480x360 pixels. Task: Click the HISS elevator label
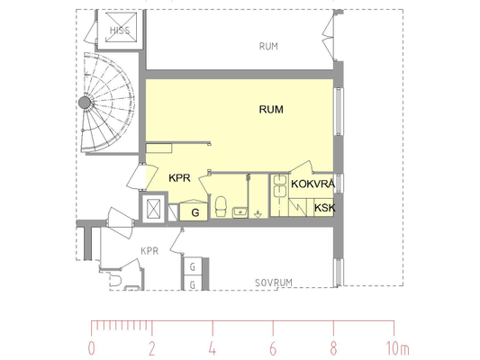coord(120,31)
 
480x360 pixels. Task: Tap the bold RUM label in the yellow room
coord(271,110)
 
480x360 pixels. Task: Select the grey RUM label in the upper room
coord(268,47)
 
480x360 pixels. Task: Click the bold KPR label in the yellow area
coord(179,177)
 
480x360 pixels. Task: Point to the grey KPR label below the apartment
coord(149,251)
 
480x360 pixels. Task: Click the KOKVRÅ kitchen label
coord(312,184)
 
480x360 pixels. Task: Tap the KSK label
coord(325,208)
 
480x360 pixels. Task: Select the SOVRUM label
coord(274,283)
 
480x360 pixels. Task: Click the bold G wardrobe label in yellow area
coord(195,212)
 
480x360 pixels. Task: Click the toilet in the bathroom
coord(221,206)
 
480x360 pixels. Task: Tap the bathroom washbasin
coord(240,212)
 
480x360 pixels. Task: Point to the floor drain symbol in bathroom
coord(258,214)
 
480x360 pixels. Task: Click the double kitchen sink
coord(280,186)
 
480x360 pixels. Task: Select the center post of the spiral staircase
coord(85,103)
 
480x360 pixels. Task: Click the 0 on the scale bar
coord(91,348)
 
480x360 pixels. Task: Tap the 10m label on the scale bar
coord(397,348)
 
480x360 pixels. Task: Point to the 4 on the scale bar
coord(213,348)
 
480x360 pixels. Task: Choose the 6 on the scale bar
coord(273,348)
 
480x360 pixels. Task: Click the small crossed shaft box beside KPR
coord(154,209)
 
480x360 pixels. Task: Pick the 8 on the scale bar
coord(333,348)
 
